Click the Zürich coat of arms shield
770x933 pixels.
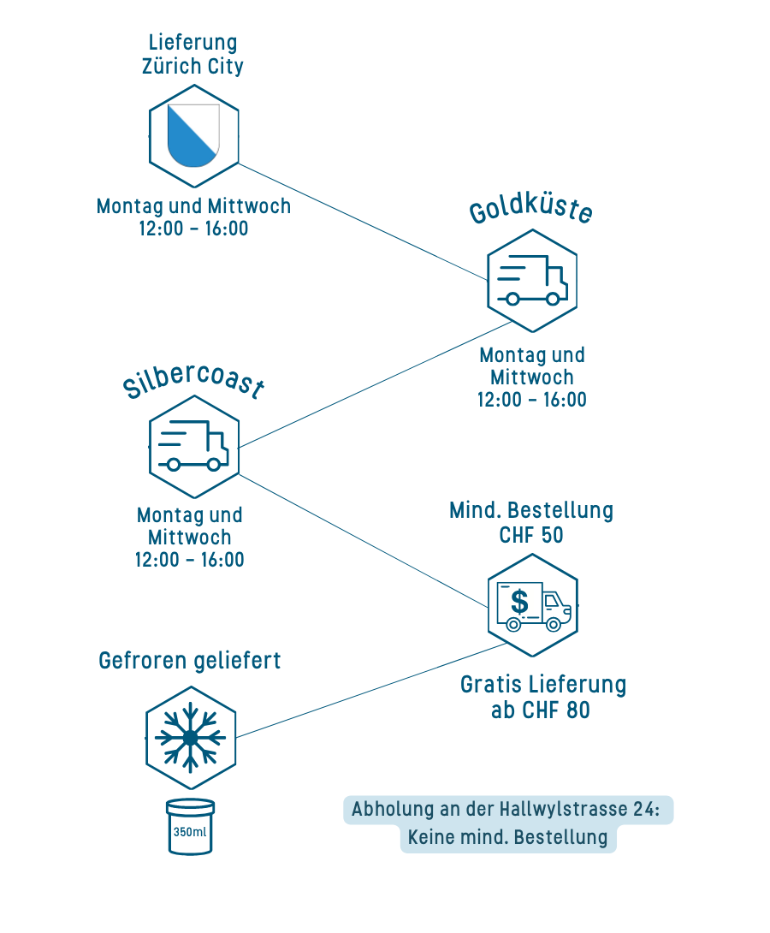(x=193, y=135)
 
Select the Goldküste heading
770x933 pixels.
(x=531, y=211)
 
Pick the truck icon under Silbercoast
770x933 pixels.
(x=194, y=446)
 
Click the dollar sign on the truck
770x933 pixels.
(x=519, y=601)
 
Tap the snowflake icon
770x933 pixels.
(x=190, y=737)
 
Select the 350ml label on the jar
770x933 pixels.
(x=190, y=832)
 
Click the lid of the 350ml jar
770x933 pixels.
(x=190, y=806)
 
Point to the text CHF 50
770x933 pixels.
(x=531, y=534)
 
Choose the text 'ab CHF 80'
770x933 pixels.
(x=540, y=710)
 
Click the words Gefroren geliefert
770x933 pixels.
(x=190, y=661)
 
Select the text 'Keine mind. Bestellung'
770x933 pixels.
(x=507, y=837)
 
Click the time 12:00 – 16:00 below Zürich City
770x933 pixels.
(x=193, y=229)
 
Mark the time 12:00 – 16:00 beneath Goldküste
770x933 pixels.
(x=532, y=400)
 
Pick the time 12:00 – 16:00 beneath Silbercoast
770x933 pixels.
(x=190, y=560)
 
